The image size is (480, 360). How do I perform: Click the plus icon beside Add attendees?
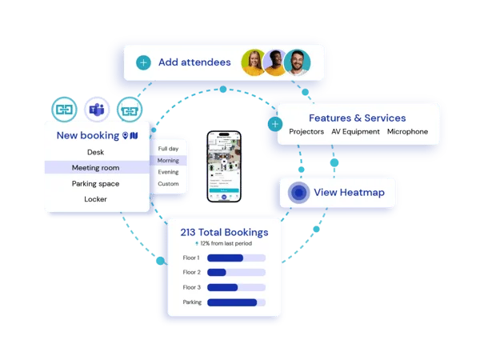click(x=143, y=62)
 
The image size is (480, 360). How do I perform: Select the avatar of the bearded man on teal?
click(x=297, y=62)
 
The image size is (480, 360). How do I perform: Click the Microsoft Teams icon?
click(x=96, y=109)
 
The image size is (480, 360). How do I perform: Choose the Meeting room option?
click(x=95, y=168)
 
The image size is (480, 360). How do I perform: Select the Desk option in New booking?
click(x=95, y=152)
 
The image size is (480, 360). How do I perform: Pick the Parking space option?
click(x=95, y=183)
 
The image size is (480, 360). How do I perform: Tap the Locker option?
click(x=95, y=199)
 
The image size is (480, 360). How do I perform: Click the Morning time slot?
click(x=168, y=161)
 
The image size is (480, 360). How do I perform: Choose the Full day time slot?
click(x=168, y=149)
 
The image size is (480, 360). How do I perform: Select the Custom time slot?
click(x=168, y=184)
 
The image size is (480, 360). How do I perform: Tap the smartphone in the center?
click(x=224, y=166)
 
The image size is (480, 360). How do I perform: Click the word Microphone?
click(x=407, y=132)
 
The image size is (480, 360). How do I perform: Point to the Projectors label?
click(x=306, y=132)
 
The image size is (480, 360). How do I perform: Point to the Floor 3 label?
click(x=192, y=287)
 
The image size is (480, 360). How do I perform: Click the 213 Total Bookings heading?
click(x=224, y=233)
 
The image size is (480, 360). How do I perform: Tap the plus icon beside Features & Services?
click(x=276, y=125)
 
